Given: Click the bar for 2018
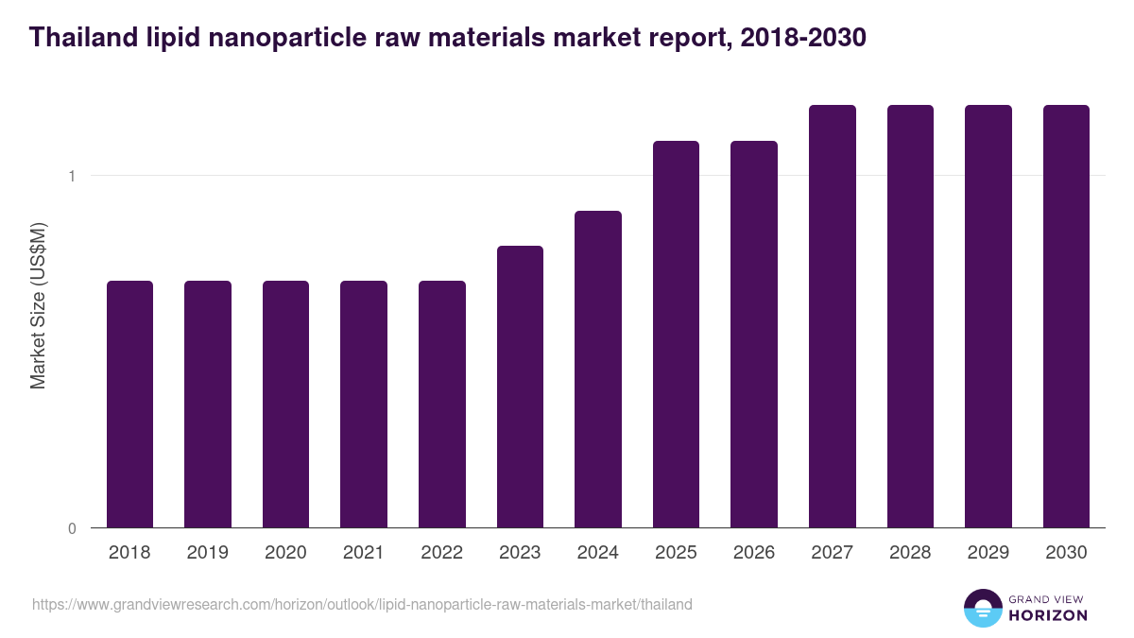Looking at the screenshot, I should (x=129, y=405).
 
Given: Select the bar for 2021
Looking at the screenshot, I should (x=364, y=405).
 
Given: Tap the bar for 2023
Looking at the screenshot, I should (x=520, y=387).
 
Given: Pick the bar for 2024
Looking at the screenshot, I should (x=598, y=370).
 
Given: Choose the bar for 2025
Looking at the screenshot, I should (x=676, y=335).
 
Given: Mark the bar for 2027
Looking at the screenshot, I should (x=833, y=317).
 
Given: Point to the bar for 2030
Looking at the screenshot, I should (x=1066, y=317).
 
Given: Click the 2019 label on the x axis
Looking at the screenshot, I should (x=208, y=553).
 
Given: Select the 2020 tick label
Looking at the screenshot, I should (x=285, y=553).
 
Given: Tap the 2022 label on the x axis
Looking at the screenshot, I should (x=441, y=553).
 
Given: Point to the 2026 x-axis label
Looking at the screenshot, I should (x=754, y=553).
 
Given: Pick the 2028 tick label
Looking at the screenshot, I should (x=910, y=553).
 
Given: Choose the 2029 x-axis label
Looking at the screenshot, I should (x=988, y=553).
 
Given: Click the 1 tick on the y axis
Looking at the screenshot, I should (x=71, y=176).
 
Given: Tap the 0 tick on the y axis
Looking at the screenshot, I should (x=71, y=528).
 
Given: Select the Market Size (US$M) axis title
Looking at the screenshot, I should (x=38, y=305).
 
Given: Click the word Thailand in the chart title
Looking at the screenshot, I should (x=78, y=39).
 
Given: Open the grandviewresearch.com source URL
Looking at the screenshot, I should (x=362, y=604).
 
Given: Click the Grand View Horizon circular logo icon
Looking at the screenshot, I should (x=982, y=608).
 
